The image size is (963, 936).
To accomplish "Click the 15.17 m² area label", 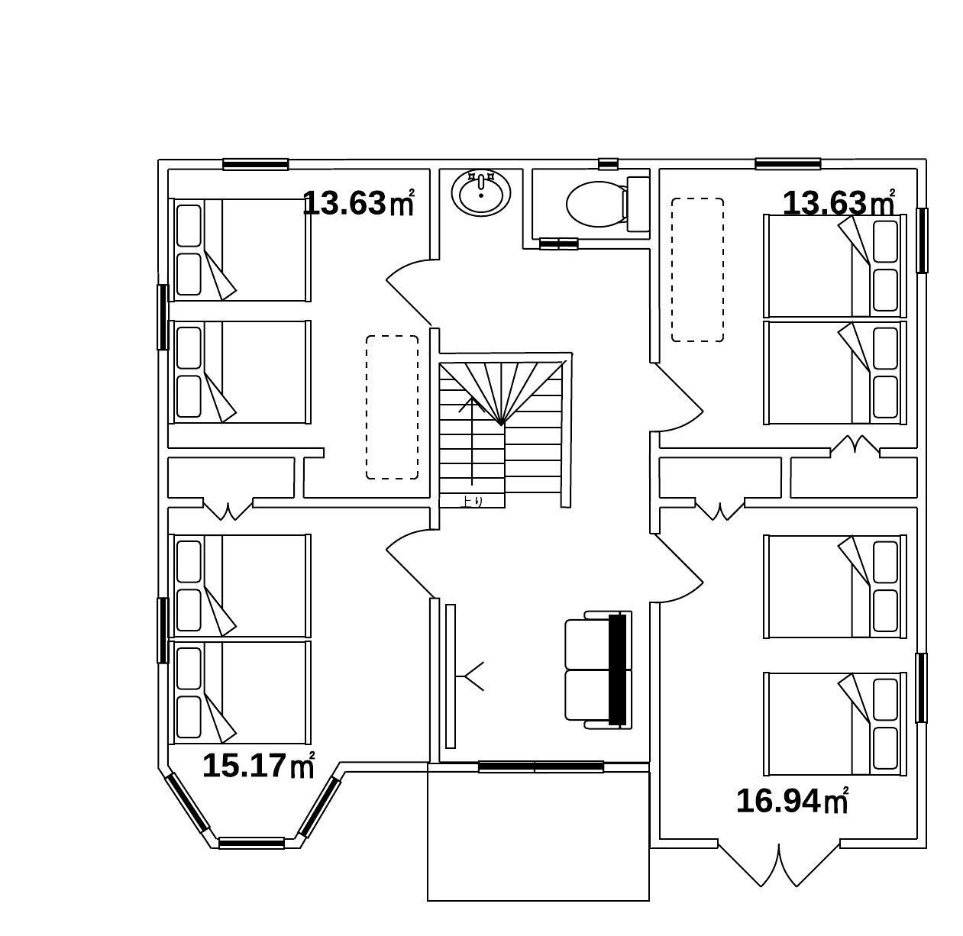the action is (258, 765).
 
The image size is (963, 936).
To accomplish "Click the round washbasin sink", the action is (481, 193).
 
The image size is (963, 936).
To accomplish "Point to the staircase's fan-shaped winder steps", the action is (501, 393).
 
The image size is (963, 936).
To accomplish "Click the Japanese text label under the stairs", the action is (472, 501).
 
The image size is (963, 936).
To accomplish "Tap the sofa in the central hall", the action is (598, 670).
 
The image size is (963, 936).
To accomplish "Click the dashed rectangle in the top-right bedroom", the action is (697, 270).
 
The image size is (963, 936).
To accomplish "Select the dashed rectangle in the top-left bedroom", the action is (392, 407).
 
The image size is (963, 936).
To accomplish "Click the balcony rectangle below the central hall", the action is (538, 839).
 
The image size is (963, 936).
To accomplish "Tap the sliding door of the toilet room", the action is (558, 244).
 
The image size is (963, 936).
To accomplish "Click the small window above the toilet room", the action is (608, 163).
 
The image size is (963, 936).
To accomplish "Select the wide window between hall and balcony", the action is (541, 767).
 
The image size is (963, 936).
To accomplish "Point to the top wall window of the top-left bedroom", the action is (255, 163).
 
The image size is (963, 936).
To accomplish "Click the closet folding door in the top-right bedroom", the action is (855, 445).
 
